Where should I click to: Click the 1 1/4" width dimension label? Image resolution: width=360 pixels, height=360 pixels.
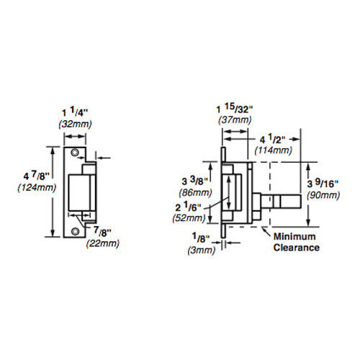click(x=75, y=113)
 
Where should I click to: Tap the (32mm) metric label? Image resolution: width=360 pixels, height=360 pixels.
click(x=75, y=125)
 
